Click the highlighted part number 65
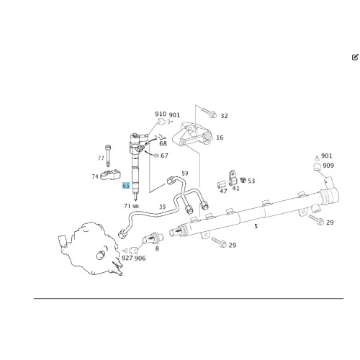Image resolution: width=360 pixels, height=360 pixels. pos(126,186)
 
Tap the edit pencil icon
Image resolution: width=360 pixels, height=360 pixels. pos(355,57)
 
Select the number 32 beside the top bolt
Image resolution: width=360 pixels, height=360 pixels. pos(224,116)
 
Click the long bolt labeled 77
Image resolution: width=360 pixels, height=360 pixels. pos(108,156)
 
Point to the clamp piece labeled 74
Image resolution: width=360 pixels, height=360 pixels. pos(110,174)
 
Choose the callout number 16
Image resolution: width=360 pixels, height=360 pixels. pos(220,138)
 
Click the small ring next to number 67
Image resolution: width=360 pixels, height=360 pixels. pos(156,156)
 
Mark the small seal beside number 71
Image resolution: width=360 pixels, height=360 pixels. pos(136,206)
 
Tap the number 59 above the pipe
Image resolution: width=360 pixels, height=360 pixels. pos(185,174)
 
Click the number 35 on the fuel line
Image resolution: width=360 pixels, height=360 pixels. pos(163,207)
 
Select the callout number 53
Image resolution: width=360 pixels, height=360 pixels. pos(251,181)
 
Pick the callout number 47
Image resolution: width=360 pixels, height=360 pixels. pos(223,192)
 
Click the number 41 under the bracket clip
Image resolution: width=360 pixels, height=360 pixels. pos(236,189)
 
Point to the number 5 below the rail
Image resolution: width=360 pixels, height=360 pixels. pos(256,226)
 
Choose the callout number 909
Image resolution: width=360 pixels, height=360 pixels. pos(328,166)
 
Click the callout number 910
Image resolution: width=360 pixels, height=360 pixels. pos(161,114)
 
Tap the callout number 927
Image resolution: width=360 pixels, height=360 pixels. pos(127,258)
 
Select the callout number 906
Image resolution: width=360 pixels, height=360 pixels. pos(140,258)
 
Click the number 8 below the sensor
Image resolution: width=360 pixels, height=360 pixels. pos(157,248)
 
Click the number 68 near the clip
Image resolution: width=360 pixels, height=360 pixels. pos(163,143)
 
